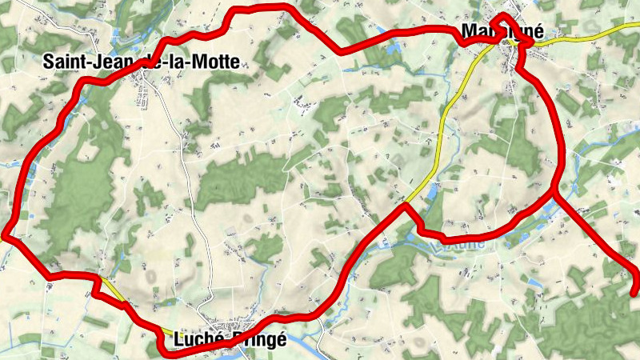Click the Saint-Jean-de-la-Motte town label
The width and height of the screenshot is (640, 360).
click(142, 60)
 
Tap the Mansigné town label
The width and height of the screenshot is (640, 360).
click(503, 33)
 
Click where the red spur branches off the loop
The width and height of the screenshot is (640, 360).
click(554, 190)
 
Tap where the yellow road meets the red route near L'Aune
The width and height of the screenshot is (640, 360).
click(406, 205)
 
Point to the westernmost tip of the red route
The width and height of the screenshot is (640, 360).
click(3, 234)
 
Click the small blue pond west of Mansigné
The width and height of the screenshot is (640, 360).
click(391, 50)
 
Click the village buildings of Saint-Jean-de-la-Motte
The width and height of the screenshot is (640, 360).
click(144, 80)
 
